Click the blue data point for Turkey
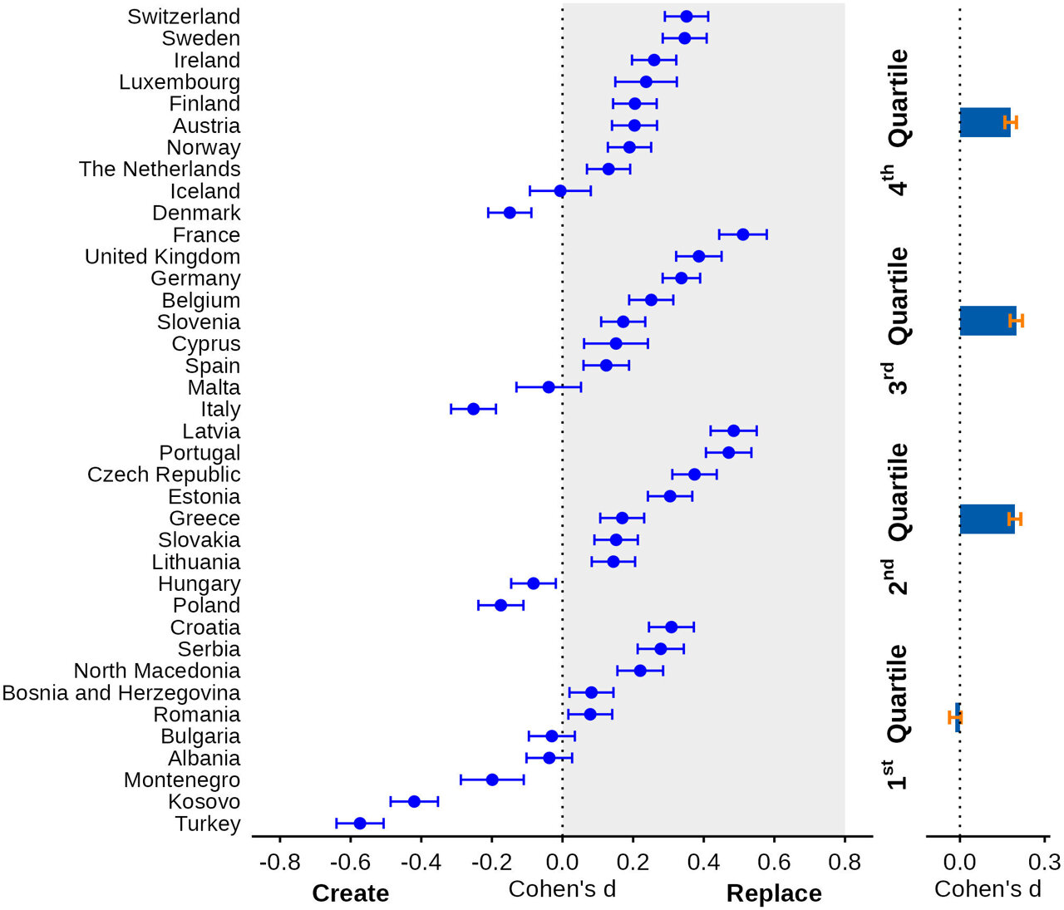[360, 824]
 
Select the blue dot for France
[742, 234]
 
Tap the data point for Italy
[473, 409]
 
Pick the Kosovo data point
[414, 801]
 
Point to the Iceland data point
[560, 191]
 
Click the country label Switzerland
[184, 17]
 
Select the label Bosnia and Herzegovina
[121, 692]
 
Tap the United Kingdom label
[163, 257]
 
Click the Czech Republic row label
[164, 475]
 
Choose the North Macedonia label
[157, 671]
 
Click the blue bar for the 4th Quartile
[984, 122]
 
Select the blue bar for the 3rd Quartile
[987, 321]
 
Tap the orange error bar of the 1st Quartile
[954, 716]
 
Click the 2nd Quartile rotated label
[898, 519]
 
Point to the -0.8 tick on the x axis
[279, 861]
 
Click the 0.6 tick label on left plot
[774, 861]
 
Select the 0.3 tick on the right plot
[1044, 861]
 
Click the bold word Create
[350, 893]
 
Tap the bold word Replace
[774, 893]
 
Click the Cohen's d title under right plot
[988, 889]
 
